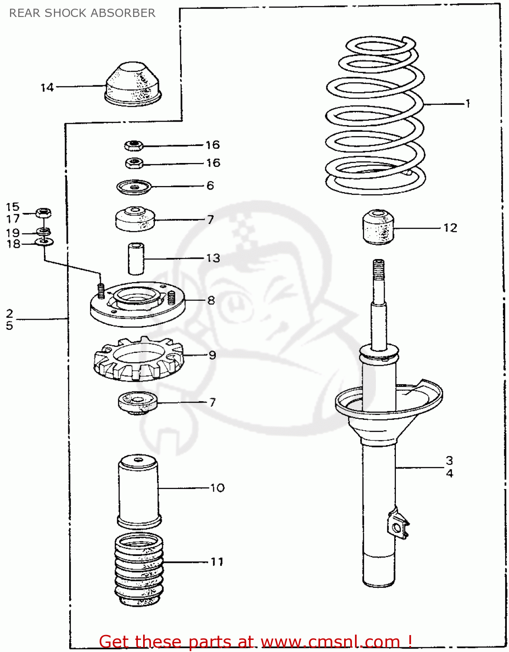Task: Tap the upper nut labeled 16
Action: (134, 145)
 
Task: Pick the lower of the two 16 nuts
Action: (134, 163)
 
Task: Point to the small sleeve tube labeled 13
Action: (136, 259)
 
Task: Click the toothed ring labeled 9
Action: (138, 359)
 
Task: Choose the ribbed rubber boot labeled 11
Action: (139, 569)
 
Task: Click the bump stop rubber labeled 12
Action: (378, 227)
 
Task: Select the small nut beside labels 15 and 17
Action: (43, 213)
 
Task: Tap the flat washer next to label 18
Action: (44, 241)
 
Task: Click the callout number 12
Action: (450, 228)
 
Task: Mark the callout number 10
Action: (218, 488)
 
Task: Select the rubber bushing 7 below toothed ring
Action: (137, 403)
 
